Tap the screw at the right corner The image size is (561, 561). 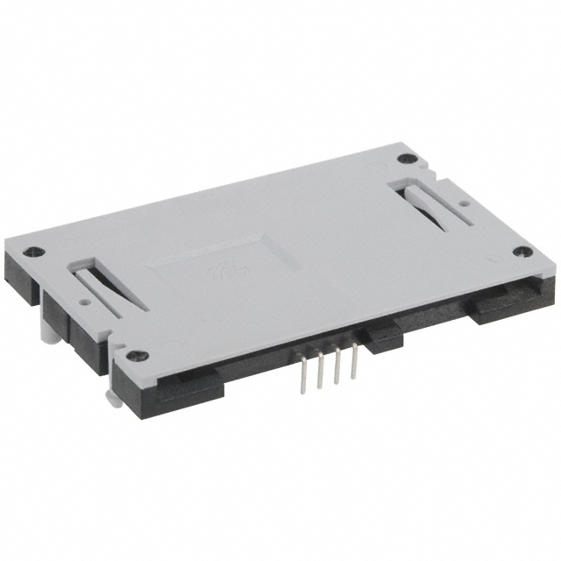point(522,252)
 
